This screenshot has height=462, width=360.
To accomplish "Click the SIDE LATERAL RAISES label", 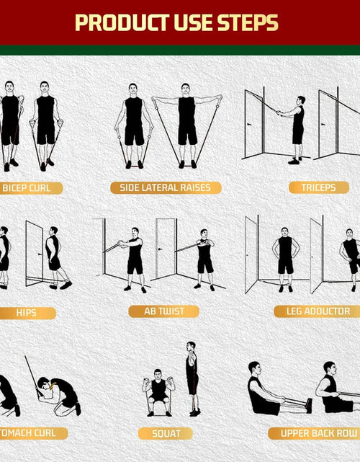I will [166, 187].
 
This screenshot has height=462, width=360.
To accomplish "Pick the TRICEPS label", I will [318, 187].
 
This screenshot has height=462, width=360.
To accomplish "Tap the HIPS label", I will [27, 313].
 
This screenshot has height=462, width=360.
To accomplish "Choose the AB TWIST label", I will [163, 311].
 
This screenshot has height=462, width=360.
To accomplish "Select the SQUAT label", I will [166, 433].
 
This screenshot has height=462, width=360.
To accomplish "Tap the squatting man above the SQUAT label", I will [158, 393].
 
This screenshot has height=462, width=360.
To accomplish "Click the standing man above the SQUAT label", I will [192, 378].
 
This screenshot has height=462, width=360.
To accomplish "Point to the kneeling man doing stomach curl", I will [58, 395].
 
